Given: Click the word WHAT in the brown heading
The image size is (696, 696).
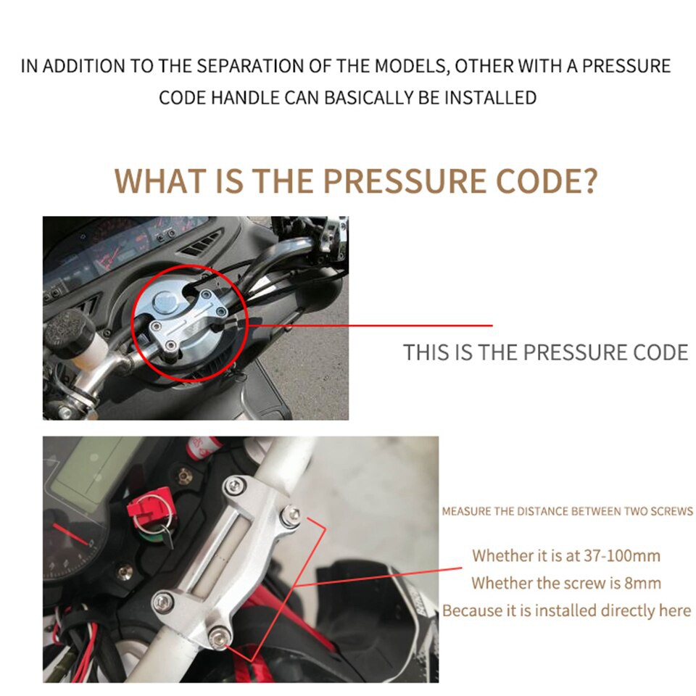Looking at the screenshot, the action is coord(159,181).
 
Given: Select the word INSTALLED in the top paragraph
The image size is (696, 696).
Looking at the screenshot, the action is coord(491,98).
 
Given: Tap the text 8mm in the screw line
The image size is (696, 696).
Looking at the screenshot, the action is coord(643,583).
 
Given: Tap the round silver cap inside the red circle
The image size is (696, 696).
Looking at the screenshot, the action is coord(165,302).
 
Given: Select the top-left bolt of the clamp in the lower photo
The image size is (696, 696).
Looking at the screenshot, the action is coord(235,486).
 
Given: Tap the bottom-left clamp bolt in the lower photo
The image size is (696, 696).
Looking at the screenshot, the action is coord(163,602).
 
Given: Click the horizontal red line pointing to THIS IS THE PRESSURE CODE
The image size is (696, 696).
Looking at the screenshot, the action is coord(370,326).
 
